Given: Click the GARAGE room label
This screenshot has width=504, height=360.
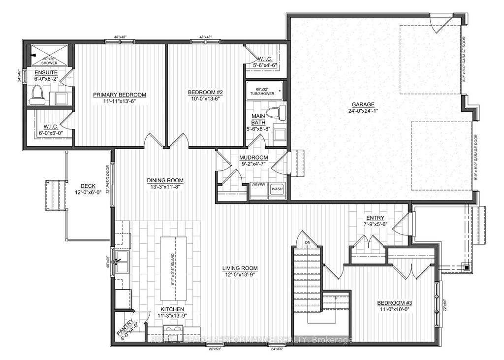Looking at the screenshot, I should pos(363,104).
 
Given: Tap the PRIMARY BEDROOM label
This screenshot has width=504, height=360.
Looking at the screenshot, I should pos(121,95).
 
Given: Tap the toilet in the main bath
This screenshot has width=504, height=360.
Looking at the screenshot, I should pos(281,112).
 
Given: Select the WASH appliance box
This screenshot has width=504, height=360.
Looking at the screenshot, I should pos(277,189).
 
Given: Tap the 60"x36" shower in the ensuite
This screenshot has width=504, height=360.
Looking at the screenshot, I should pos(49,53).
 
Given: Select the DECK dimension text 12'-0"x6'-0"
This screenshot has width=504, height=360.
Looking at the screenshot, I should pos(88,193).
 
